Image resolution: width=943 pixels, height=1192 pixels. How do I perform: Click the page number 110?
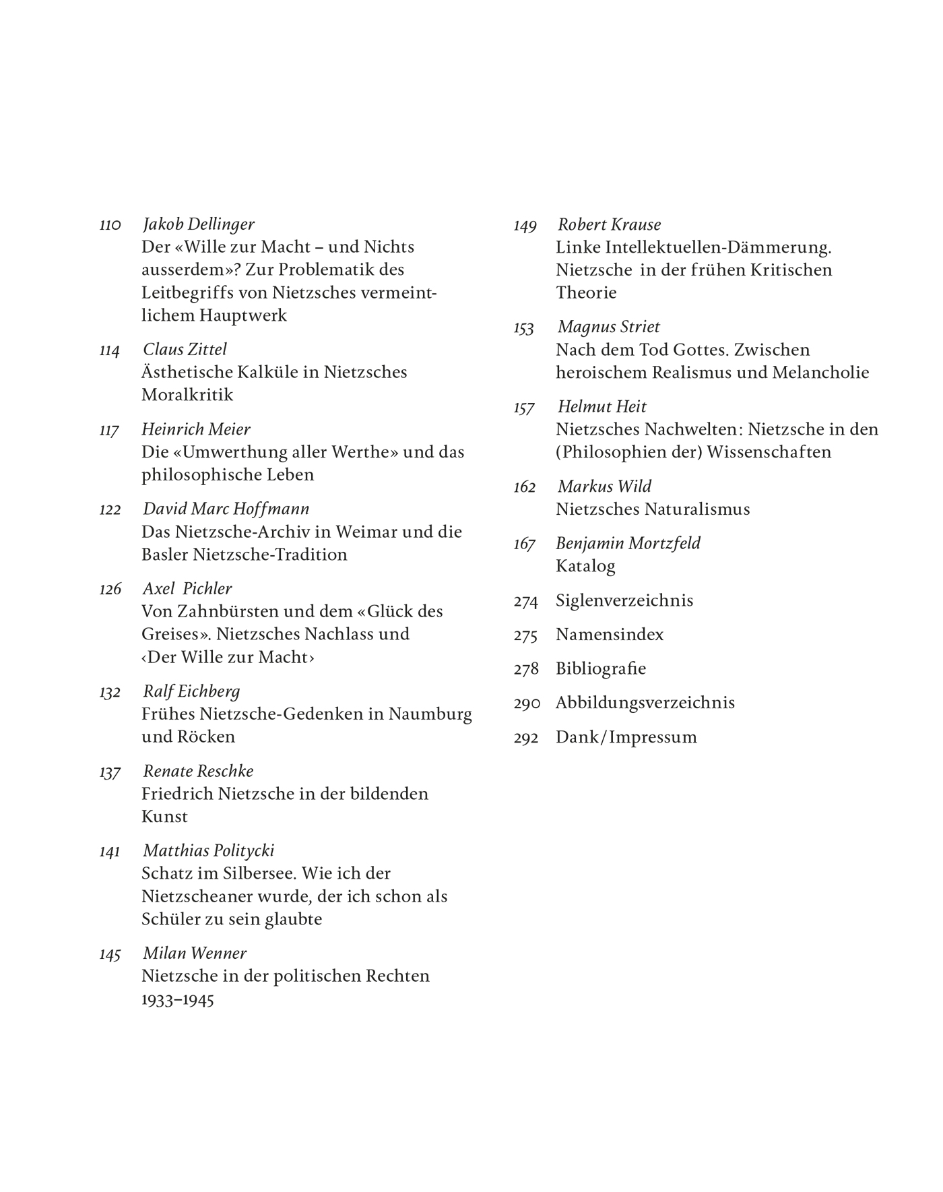tap(110, 225)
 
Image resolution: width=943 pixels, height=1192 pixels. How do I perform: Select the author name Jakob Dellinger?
tap(199, 224)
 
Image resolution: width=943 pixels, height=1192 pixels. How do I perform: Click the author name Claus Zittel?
tap(185, 349)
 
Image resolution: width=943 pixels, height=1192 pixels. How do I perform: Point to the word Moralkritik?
tap(187, 395)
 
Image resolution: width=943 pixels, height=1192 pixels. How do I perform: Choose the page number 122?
tap(110, 509)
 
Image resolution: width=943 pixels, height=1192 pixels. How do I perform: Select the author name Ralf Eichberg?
tap(191, 691)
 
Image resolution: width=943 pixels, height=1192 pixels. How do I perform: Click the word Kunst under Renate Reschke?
tap(164, 817)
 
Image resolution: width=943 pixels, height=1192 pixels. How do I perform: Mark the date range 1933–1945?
tap(178, 999)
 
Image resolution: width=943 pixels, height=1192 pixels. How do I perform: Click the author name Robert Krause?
tap(609, 224)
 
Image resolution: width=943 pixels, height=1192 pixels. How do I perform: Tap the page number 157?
tap(524, 408)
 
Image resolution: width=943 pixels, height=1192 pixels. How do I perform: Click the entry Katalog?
tap(585, 566)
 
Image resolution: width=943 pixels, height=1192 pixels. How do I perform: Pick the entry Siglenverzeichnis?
tap(624, 600)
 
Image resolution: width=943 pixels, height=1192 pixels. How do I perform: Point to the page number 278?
tap(526, 669)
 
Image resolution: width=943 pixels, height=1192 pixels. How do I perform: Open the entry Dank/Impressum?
tap(626, 737)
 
